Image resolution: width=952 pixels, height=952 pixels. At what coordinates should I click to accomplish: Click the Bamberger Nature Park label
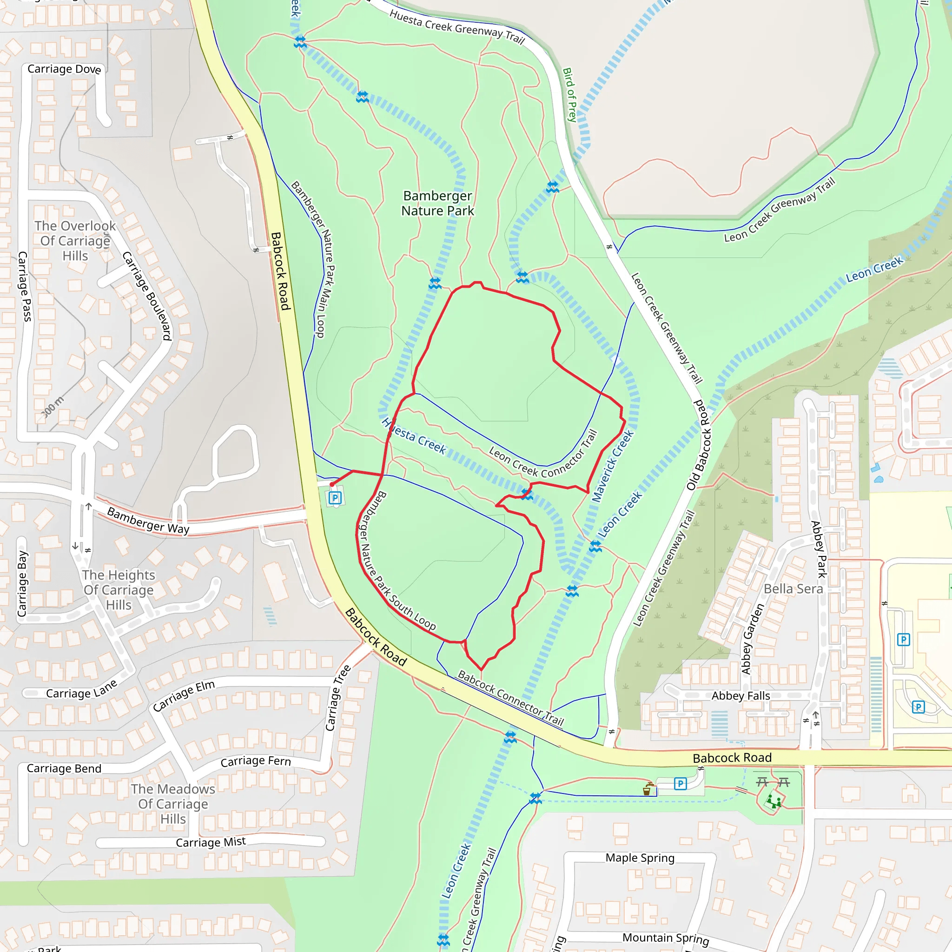[437, 204]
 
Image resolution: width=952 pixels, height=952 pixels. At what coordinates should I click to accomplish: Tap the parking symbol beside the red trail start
[335, 498]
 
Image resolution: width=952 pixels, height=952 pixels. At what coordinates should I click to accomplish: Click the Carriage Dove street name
[64, 69]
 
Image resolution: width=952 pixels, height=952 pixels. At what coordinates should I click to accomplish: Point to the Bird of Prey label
[569, 95]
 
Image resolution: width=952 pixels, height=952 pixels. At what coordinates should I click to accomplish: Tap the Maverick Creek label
[613, 466]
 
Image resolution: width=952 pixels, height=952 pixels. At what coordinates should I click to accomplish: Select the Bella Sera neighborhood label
[793, 589]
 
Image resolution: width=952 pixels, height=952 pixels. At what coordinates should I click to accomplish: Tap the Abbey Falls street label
[740, 696]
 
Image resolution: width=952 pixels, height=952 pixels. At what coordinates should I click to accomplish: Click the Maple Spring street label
[640, 858]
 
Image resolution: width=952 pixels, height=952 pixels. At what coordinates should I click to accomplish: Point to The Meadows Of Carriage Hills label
[173, 804]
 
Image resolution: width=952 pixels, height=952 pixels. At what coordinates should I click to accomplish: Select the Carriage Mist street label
[211, 842]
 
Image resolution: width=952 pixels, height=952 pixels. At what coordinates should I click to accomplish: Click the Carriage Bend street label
[64, 769]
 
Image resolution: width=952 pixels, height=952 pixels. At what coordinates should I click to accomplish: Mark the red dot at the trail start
[331, 485]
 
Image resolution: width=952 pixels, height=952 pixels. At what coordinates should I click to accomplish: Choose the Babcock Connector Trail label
[510, 698]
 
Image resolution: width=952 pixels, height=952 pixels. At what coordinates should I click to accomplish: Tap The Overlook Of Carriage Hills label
[75, 241]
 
